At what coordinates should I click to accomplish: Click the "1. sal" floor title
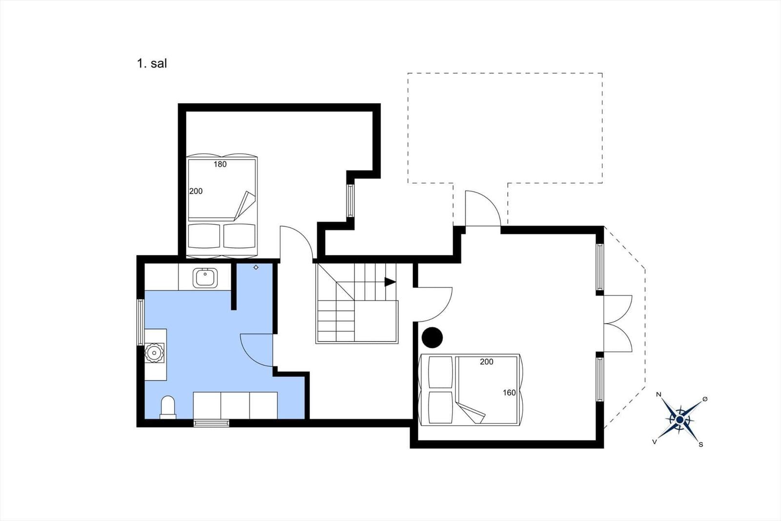pos(152,64)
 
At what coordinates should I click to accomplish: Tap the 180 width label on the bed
pos(220,164)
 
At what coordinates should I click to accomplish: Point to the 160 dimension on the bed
pos(509,393)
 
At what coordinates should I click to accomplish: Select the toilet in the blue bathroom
pos(168,407)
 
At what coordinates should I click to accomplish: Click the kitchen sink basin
pos(205,278)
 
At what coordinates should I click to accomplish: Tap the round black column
pos(432,338)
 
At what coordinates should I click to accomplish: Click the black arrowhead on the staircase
pos(390,282)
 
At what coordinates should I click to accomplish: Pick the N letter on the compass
pos(658,394)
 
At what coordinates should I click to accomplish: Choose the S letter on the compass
pos(701,445)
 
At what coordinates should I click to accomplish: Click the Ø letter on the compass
pos(705,399)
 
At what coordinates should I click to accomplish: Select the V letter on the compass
pos(655,442)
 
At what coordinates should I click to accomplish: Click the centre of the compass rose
pos(679,419)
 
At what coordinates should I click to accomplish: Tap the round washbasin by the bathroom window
pos(154,353)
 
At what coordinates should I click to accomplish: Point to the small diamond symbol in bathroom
pos(256,267)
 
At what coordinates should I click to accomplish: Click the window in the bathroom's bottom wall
pos(211,423)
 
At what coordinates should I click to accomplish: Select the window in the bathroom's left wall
pos(141,322)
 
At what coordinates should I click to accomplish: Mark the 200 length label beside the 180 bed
pos(196,192)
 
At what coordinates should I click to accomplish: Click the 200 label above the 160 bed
pos(486,362)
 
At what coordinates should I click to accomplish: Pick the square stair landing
pos(376,321)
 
